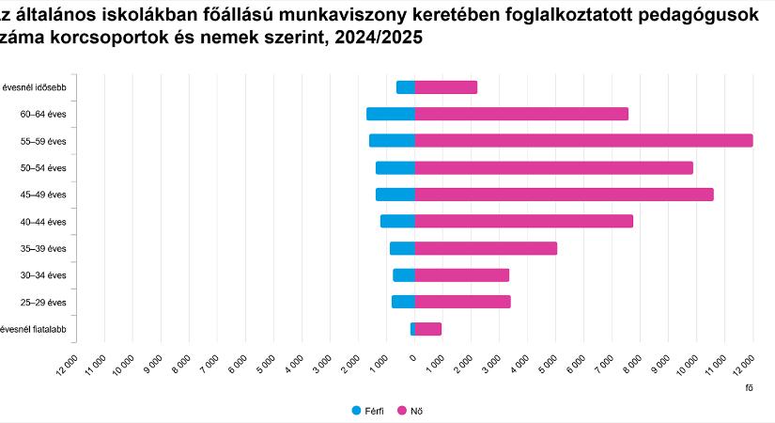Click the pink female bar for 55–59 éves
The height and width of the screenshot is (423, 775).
tap(582, 141)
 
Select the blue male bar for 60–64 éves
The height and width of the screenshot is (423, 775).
tap(391, 114)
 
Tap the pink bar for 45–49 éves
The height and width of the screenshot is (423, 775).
tap(564, 195)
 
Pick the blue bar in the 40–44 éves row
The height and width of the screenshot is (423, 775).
tap(397, 221)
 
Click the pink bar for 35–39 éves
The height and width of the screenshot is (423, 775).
tap(486, 248)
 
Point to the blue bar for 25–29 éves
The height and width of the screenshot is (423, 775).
tap(403, 302)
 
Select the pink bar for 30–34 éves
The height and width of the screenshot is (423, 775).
tap(461, 275)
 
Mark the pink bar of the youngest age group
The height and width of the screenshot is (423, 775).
tap(427, 329)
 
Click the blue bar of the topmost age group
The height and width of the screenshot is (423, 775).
tap(405, 87)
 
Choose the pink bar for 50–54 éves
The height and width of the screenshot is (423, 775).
tap(553, 167)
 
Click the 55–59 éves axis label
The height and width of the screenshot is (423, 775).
tap(43, 141)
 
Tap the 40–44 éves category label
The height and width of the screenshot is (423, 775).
tap(43, 222)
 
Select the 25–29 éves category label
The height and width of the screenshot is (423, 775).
tap(43, 303)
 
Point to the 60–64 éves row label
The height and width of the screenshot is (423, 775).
tap(43, 115)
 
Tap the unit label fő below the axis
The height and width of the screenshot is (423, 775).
tap(749, 387)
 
